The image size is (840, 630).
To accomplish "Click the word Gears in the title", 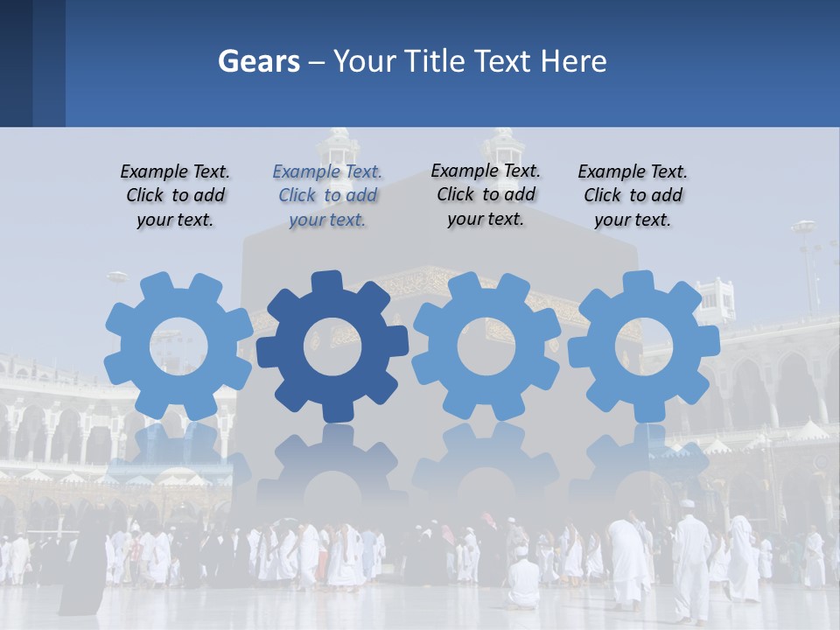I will pos(258,61).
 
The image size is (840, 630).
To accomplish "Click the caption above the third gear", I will pos(486,195).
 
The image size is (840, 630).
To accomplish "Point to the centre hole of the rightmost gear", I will pos(643,346).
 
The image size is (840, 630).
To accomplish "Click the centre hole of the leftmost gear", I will pos(178,346).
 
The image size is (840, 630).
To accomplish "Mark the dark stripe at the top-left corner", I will pos(16,63).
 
